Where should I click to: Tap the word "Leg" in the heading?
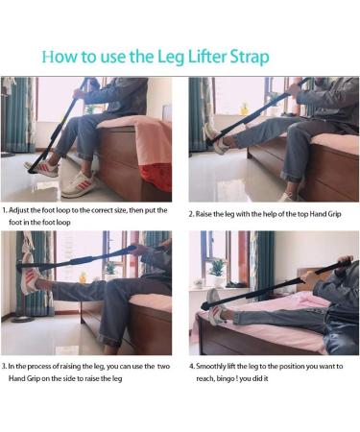(x=171, y=58)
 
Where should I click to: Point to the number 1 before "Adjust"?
(x=4, y=210)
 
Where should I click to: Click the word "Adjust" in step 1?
(x=19, y=211)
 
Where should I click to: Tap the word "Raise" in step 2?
(x=204, y=214)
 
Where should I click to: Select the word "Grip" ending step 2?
(x=334, y=214)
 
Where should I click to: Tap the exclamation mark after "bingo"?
(x=236, y=378)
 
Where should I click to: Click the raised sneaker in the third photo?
(x=31, y=279)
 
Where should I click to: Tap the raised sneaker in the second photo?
(x=219, y=137)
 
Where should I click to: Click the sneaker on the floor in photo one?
(x=78, y=184)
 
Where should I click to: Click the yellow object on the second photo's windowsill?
(x=245, y=108)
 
